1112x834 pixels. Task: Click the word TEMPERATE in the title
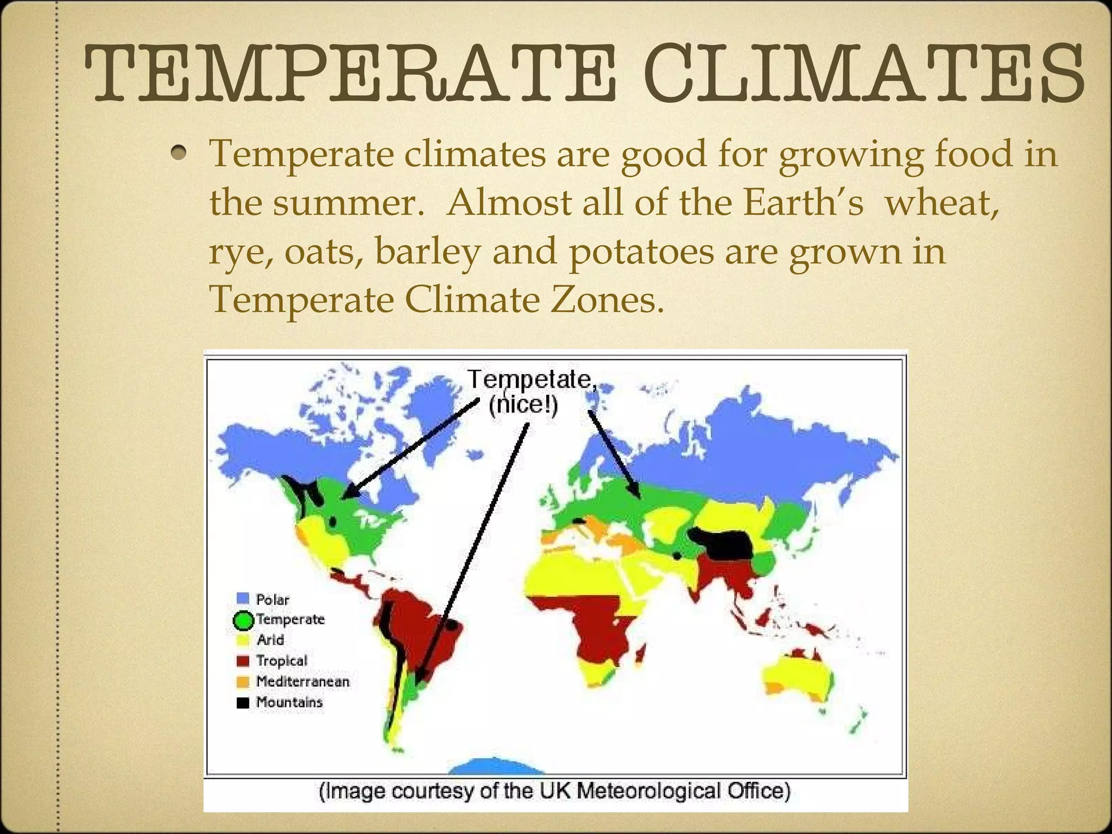(x=350, y=73)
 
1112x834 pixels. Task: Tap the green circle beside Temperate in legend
(x=243, y=620)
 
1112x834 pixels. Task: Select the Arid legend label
(x=270, y=640)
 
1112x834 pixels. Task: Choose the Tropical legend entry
(x=281, y=661)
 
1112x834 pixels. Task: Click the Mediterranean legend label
(x=302, y=681)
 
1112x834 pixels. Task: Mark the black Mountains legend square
(x=243, y=703)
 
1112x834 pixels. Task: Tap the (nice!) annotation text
(x=523, y=405)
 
